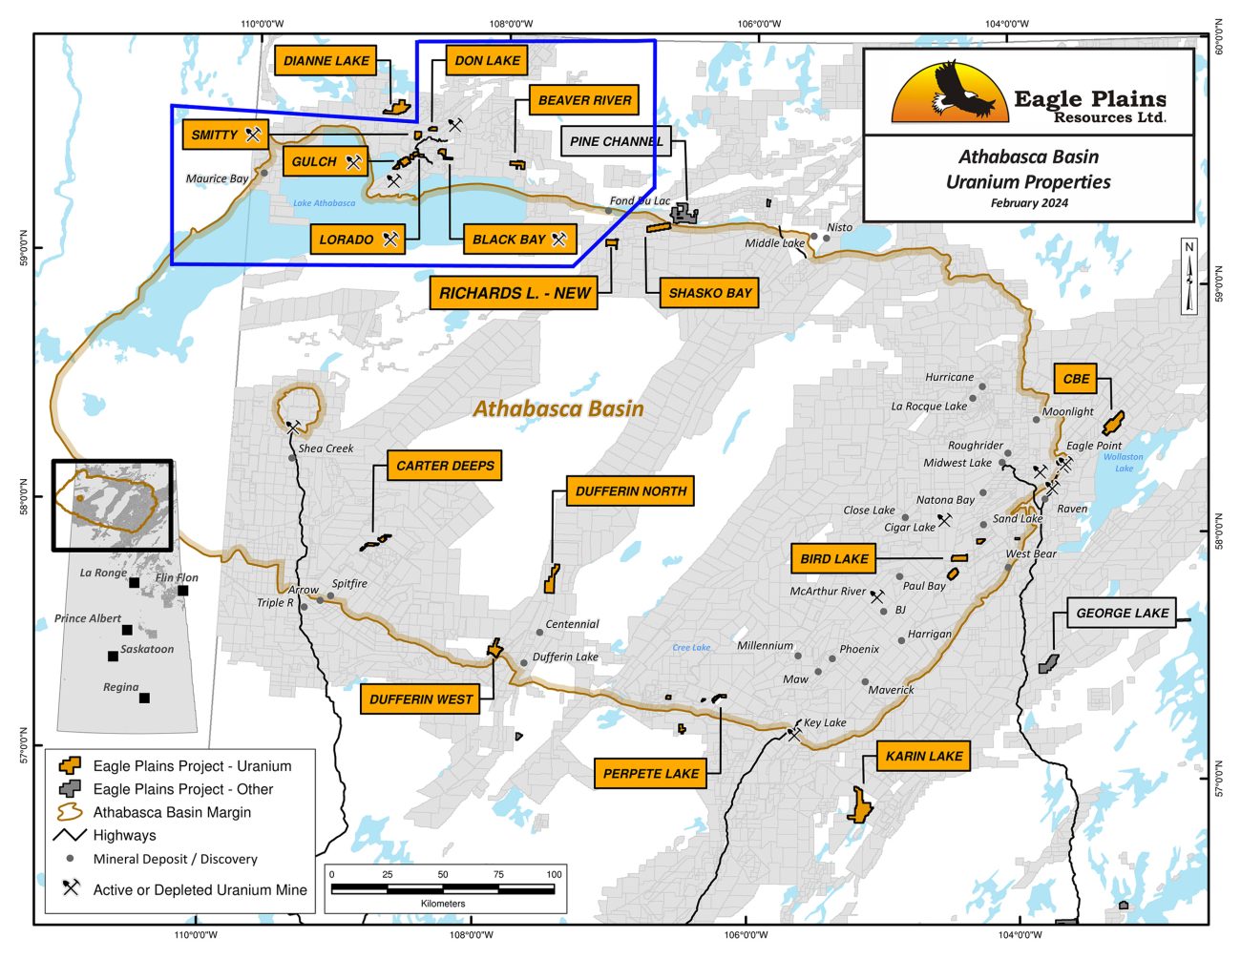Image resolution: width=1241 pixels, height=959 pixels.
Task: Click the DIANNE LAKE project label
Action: pyautogui.click(x=326, y=60)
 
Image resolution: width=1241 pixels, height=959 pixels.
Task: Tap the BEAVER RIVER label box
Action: pyautogui.click(x=584, y=100)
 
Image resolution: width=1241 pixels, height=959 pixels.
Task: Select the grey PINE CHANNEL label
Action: pyautogui.click(x=616, y=141)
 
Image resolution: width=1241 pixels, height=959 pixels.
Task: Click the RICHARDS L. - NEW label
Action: pyautogui.click(x=515, y=293)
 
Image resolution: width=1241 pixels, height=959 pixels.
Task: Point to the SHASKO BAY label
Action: pyautogui.click(x=709, y=293)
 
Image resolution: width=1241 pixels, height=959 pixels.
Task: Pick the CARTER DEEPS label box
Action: pyautogui.click(x=445, y=466)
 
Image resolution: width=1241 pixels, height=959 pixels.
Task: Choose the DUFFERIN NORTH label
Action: pyautogui.click(x=630, y=490)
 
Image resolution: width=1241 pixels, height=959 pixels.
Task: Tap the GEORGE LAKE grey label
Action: pyautogui.click(x=1122, y=613)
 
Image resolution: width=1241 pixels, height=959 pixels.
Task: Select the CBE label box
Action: pyautogui.click(x=1076, y=378)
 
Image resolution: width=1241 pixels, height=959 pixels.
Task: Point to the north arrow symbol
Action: pyautogui.click(x=1188, y=277)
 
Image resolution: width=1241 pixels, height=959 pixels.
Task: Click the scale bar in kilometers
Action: pyautogui.click(x=442, y=889)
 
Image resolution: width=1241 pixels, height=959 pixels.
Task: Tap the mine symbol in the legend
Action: pyautogui.click(x=71, y=887)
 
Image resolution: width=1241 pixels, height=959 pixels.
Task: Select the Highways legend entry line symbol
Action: pyautogui.click(x=70, y=835)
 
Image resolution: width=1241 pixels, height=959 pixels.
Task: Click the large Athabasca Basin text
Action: pyautogui.click(x=558, y=408)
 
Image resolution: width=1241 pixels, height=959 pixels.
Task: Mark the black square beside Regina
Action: pyautogui.click(x=144, y=698)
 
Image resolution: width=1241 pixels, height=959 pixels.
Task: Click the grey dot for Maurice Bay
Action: pyautogui.click(x=264, y=173)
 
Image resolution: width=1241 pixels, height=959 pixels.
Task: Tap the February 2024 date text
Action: pyautogui.click(x=1028, y=203)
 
